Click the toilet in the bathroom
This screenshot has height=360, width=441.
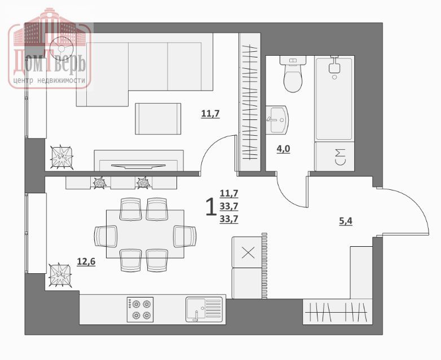pyautogui.click(x=293, y=74)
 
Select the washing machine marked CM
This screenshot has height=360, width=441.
pyautogui.click(x=334, y=157)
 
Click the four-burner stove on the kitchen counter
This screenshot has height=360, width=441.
pyautogui.click(x=140, y=309)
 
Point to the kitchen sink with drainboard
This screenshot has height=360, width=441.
pyautogui.click(x=204, y=309)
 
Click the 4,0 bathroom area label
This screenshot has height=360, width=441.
pyautogui.click(x=283, y=149)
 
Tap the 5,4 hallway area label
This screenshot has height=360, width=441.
pyautogui.click(x=345, y=221)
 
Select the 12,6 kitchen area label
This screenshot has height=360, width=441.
pyautogui.click(x=86, y=262)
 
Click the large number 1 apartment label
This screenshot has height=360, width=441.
pyautogui.click(x=211, y=207)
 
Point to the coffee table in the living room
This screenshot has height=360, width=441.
pyautogui.click(x=158, y=119)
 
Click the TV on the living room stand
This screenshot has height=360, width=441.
pyautogui.click(x=137, y=166)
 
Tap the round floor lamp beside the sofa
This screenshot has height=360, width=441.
pyautogui.click(x=61, y=48)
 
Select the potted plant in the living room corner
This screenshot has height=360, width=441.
pyautogui.click(x=61, y=157)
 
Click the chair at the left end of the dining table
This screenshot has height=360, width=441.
pyautogui.click(x=106, y=237)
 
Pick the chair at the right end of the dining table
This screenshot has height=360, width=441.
pyautogui.click(x=185, y=237)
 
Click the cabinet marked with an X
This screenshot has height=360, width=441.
pyautogui.click(x=248, y=252)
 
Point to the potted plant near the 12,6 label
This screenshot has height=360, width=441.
pyautogui.click(x=60, y=275)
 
